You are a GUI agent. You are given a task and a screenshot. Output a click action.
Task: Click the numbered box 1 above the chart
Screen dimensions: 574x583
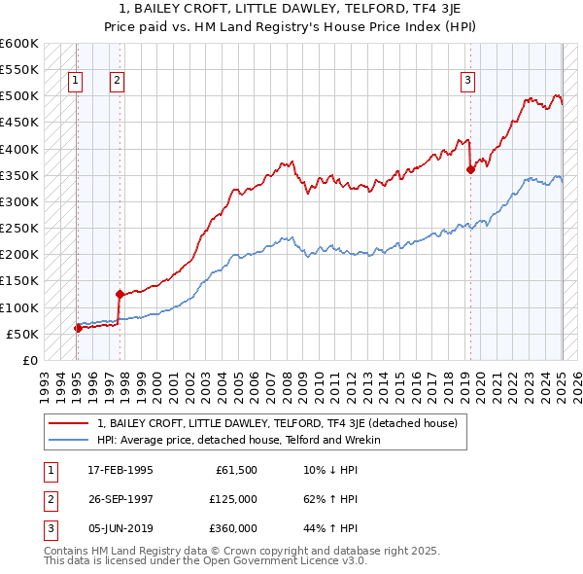76,81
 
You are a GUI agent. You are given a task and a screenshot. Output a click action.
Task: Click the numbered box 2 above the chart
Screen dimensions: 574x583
116,81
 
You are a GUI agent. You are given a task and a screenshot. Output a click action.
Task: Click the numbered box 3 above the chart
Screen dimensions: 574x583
467,81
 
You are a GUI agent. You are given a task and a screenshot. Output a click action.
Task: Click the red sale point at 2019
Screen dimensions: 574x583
470,169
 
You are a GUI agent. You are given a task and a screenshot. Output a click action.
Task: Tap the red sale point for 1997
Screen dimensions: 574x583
120,293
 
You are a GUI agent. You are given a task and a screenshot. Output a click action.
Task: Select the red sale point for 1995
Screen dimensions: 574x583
78,328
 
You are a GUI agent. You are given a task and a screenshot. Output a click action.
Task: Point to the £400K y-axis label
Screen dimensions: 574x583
18,149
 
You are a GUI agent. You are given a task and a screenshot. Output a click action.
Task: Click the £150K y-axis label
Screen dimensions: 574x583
18,281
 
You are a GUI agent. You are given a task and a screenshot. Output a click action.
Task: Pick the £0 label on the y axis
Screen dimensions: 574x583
28,361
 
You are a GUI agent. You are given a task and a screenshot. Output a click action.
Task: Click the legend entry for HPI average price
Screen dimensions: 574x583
239,440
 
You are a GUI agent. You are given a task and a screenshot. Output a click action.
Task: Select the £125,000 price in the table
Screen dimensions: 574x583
233,499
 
